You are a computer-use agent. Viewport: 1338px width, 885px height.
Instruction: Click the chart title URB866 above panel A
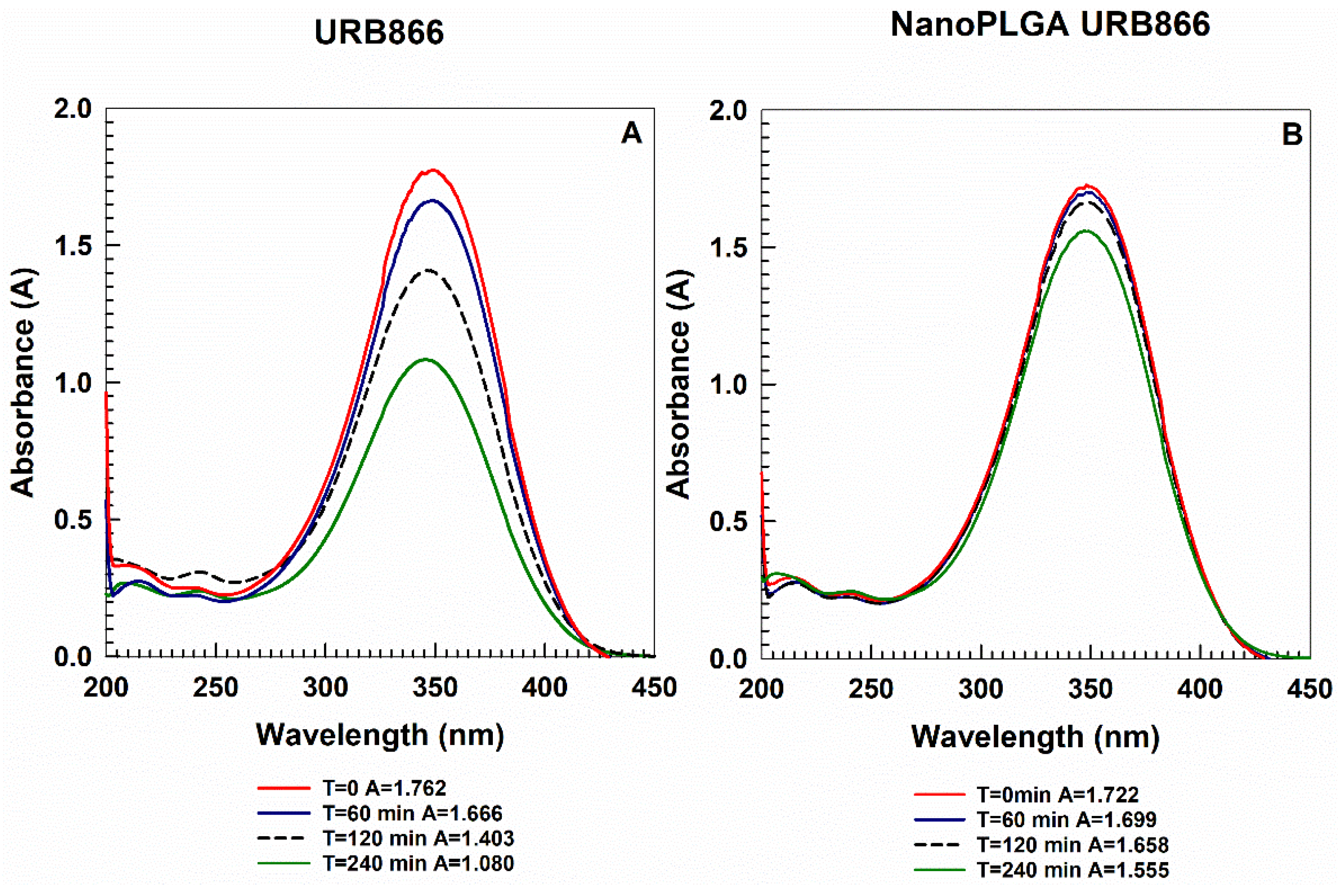click(379, 33)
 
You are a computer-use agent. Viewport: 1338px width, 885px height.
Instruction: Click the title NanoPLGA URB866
click(1050, 25)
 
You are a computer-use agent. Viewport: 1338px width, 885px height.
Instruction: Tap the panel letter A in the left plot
click(631, 134)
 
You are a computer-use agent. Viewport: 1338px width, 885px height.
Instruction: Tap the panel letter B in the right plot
click(1292, 135)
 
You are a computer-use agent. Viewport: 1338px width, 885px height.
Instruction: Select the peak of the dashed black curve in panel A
click(429, 270)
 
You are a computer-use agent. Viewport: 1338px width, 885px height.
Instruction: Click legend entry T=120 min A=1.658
click(1072, 844)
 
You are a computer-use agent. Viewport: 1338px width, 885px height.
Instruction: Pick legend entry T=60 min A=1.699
click(1066, 819)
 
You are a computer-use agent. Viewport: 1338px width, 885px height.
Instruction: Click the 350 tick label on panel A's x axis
click(435, 687)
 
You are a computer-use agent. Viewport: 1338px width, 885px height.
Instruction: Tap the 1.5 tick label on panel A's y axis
click(72, 246)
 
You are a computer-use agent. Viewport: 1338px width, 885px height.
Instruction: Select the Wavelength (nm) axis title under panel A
click(380, 735)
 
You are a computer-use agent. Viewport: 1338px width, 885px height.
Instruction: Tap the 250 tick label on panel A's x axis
click(216, 687)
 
